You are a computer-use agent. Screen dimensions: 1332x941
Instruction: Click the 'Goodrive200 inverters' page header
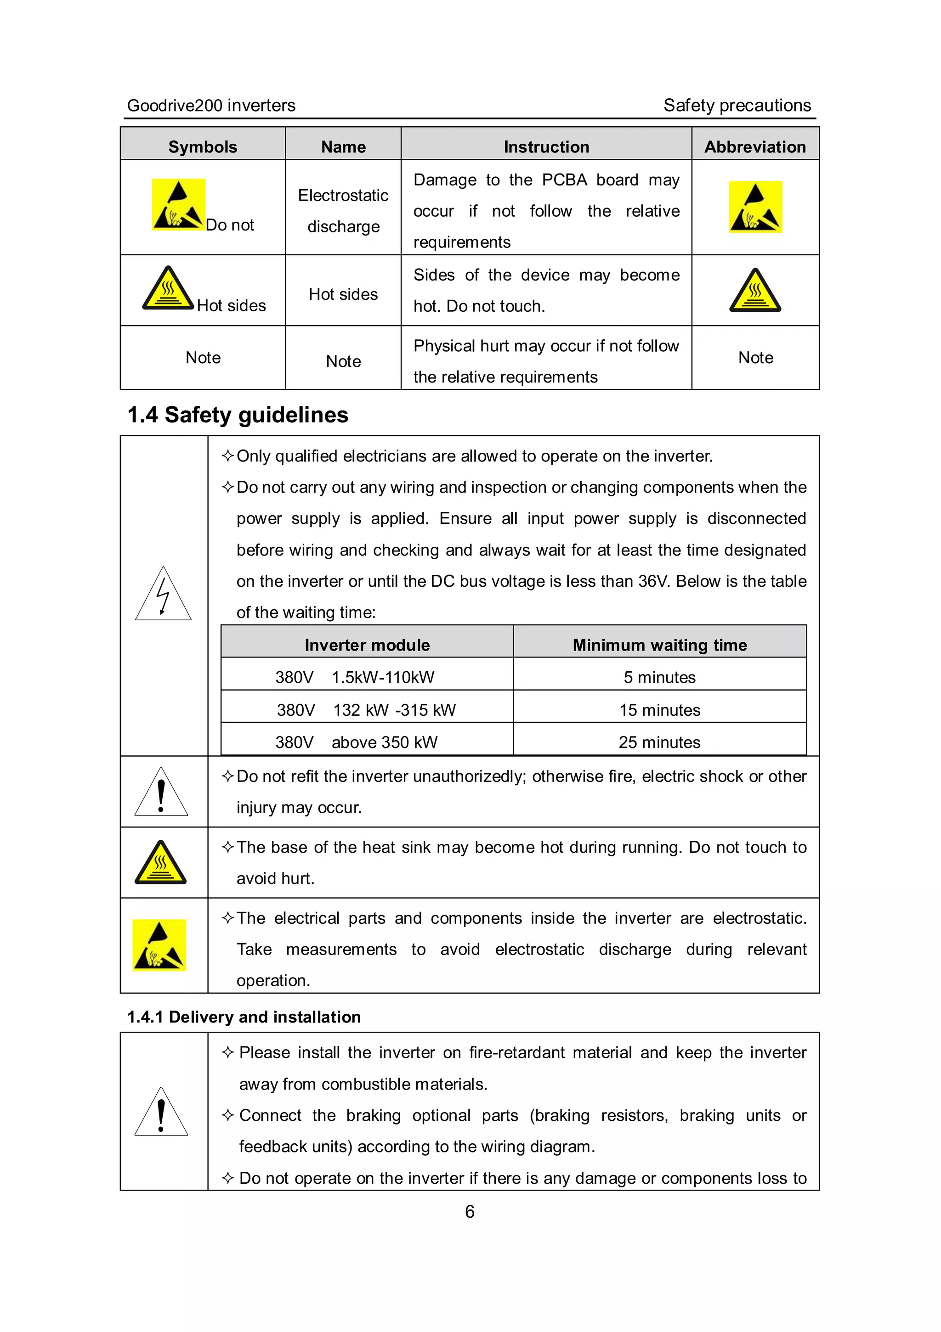coord(211,106)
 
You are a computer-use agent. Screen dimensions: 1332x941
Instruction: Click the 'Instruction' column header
coord(546,147)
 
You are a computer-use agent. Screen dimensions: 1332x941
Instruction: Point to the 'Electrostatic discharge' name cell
coord(343,211)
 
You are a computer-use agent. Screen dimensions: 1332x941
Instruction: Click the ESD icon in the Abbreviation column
coord(755,207)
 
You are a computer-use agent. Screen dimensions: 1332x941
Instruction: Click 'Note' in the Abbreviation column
coord(755,357)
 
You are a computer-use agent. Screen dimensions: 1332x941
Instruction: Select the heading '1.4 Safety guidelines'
coord(238,415)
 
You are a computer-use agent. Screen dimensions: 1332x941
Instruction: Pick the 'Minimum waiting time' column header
coord(659,645)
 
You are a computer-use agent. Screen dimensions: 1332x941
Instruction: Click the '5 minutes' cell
coord(659,677)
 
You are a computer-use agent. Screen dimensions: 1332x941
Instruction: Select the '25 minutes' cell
coord(659,742)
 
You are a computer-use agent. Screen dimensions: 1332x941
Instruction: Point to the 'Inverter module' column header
coord(367,645)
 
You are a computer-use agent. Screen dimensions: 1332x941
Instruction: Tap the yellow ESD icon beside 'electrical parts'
coord(159,944)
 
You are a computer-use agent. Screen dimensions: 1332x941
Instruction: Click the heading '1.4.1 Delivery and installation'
coord(244,1017)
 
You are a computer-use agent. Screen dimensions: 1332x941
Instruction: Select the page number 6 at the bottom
coord(470,1211)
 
